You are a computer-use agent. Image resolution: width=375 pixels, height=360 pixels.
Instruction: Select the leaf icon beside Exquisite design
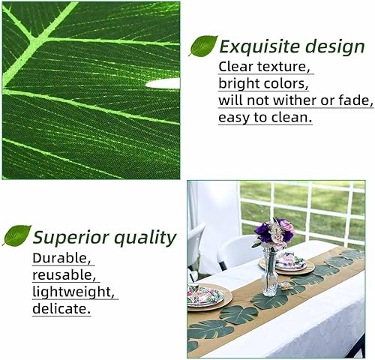click(x=202, y=46)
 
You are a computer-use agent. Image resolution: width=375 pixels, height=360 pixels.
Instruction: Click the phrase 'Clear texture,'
click(x=264, y=67)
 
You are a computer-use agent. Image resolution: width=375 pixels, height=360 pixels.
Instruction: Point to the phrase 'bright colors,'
click(x=262, y=83)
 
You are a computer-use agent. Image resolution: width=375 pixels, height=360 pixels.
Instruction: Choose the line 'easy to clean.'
click(x=265, y=118)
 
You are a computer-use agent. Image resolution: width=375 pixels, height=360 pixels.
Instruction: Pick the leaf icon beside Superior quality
click(x=16, y=236)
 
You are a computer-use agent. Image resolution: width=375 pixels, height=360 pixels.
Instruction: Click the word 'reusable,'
click(x=64, y=275)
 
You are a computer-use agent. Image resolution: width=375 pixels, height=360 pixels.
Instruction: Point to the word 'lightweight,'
click(x=74, y=292)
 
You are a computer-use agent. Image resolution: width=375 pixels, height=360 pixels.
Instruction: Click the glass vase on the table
click(x=269, y=274)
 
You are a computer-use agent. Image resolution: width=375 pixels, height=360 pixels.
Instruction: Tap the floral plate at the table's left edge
click(x=204, y=296)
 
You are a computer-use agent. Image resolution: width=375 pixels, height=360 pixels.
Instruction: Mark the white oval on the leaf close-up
click(x=163, y=83)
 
